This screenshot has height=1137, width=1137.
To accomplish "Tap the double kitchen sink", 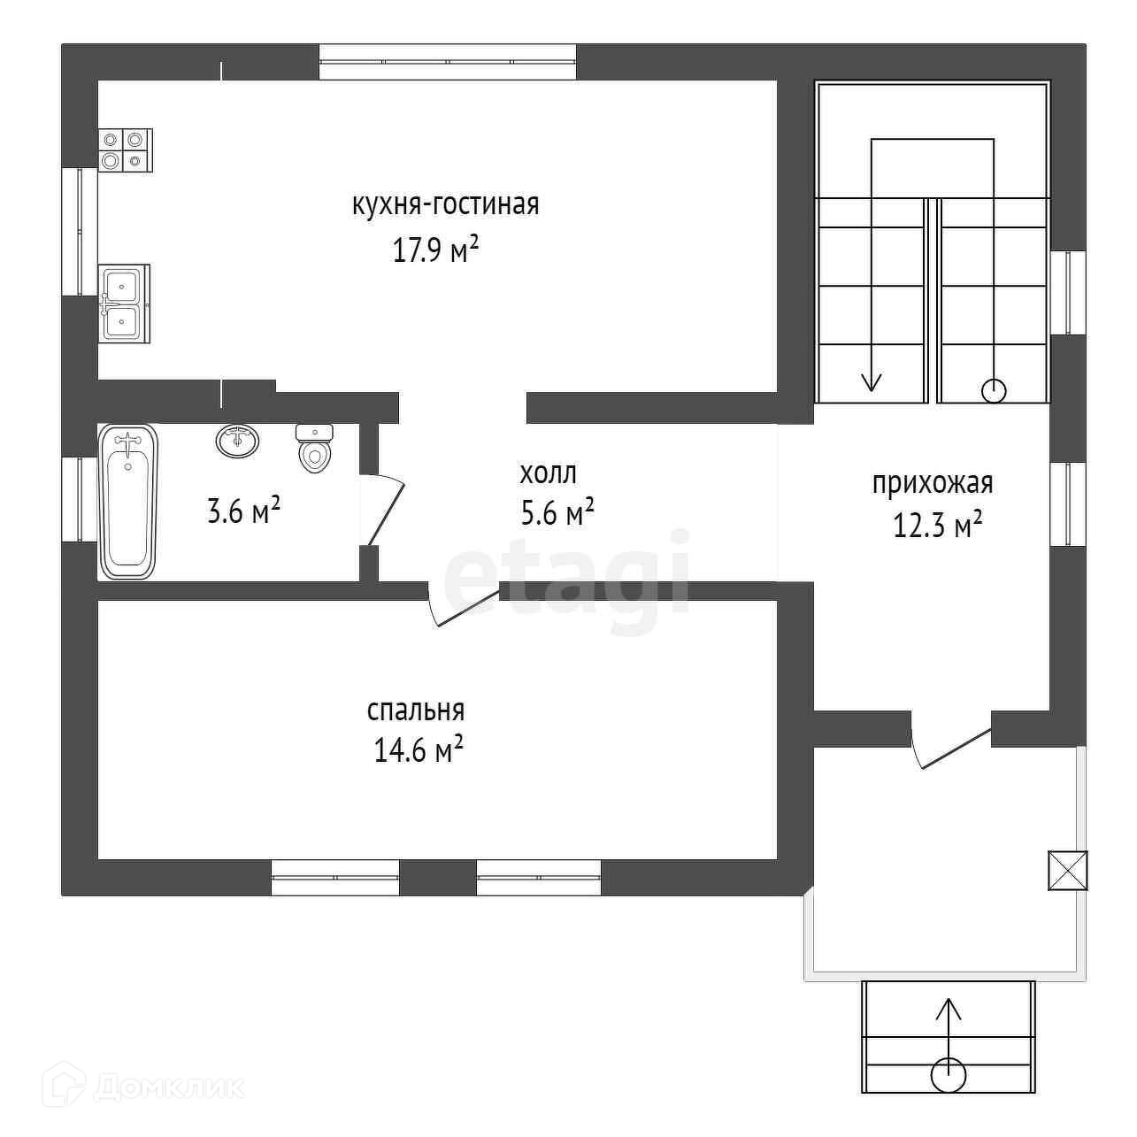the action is click(x=123, y=303).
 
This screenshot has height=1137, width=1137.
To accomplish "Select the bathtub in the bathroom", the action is click(x=128, y=502).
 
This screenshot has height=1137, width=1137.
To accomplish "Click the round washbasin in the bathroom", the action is click(x=237, y=440).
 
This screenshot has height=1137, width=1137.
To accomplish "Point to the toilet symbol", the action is click(x=314, y=448).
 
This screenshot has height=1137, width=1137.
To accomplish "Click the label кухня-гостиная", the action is click(x=445, y=205).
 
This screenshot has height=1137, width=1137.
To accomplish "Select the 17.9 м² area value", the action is click(x=435, y=250).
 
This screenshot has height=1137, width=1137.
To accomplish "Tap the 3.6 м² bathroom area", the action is click(x=243, y=511).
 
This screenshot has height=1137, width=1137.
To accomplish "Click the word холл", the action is click(x=548, y=473).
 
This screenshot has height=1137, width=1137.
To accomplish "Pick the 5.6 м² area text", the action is click(x=557, y=513).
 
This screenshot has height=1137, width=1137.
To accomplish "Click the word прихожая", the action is click(x=933, y=484).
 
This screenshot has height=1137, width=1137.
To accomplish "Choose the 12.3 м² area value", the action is click(x=938, y=526).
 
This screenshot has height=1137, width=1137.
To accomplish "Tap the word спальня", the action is click(x=416, y=711).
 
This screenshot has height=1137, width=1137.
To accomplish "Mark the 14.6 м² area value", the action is click(x=419, y=752).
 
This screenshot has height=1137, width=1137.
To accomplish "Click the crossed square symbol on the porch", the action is click(x=1067, y=870).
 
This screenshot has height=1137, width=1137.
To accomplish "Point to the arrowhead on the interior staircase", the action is click(x=872, y=381).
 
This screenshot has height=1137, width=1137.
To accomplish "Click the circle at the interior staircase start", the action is click(x=994, y=390).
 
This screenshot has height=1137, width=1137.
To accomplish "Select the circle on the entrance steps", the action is click(x=949, y=1074).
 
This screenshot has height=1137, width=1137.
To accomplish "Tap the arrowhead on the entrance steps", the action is click(x=949, y=1007).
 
